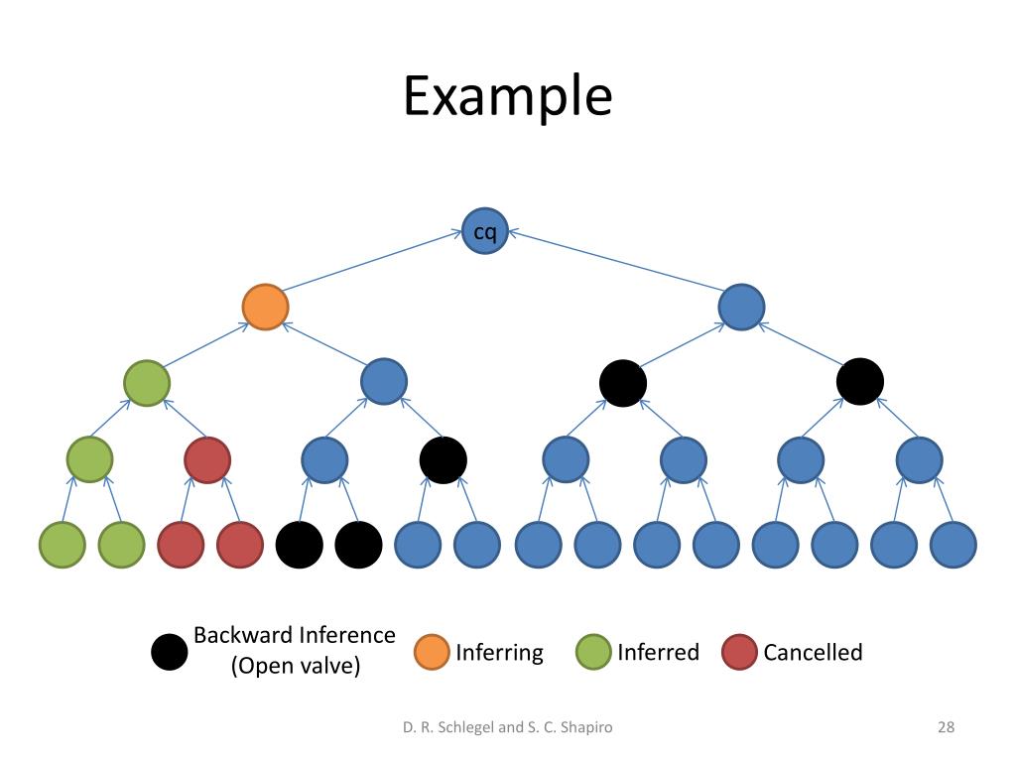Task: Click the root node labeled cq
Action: (484, 231)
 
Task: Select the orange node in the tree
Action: (265, 308)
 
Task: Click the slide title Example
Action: (507, 96)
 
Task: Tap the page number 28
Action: (946, 727)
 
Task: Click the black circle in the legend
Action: (169, 652)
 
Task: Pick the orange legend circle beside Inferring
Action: (432, 652)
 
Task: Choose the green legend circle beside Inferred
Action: (593, 652)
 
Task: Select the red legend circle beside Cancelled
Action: (739, 652)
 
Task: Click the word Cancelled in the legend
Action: (814, 652)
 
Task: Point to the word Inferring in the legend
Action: (500, 653)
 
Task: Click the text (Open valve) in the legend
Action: (296, 666)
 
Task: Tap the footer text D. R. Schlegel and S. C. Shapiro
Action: (507, 727)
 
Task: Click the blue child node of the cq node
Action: (741, 308)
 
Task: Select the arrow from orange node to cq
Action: (372, 261)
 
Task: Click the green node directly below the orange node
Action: (147, 383)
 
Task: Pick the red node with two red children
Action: (207, 460)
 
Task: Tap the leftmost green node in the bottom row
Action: (63, 545)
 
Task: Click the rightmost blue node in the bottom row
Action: (953, 545)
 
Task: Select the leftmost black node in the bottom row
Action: (300, 545)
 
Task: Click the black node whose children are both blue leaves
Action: (444, 460)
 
